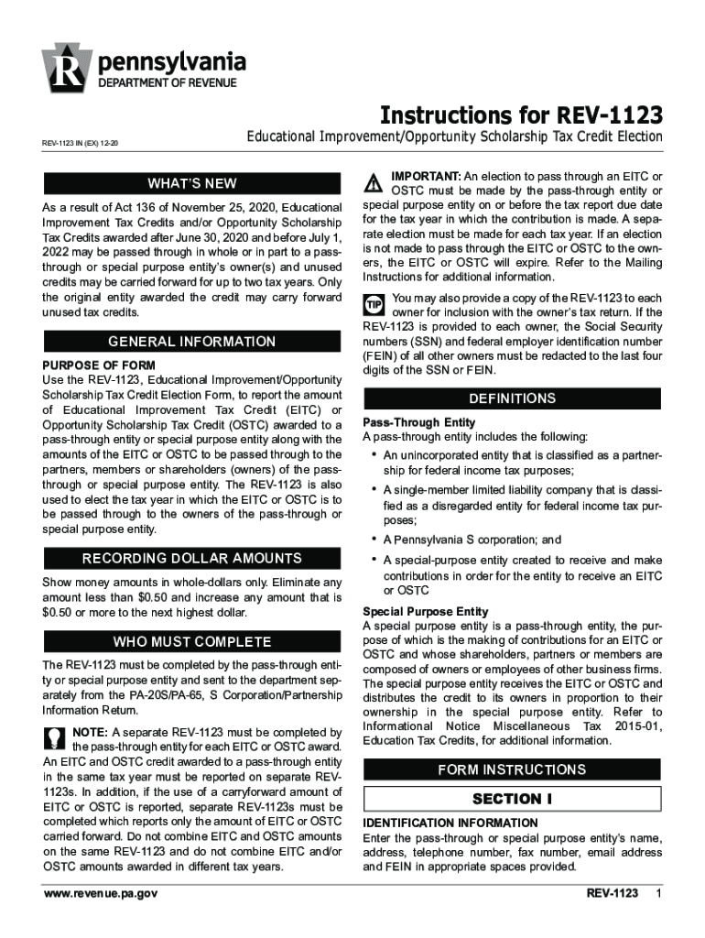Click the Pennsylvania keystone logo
click(x=66, y=67)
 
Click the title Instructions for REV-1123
click(x=521, y=115)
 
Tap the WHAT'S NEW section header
click(x=192, y=183)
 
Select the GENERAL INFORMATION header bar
click(x=192, y=342)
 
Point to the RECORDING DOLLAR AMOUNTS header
click(x=192, y=559)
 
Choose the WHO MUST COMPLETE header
click(x=192, y=641)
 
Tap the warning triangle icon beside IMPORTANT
click(x=374, y=180)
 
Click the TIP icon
click(x=374, y=303)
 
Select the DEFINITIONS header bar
click(x=513, y=398)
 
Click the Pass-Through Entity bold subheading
click(x=418, y=422)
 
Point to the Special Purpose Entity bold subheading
click(x=425, y=611)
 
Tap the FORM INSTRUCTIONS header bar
click(x=513, y=769)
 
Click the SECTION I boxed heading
click(x=513, y=799)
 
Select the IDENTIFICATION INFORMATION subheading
click(x=450, y=823)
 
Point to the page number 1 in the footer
click(x=657, y=893)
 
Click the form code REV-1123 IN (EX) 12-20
click(x=81, y=144)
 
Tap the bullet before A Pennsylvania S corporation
click(x=374, y=539)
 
